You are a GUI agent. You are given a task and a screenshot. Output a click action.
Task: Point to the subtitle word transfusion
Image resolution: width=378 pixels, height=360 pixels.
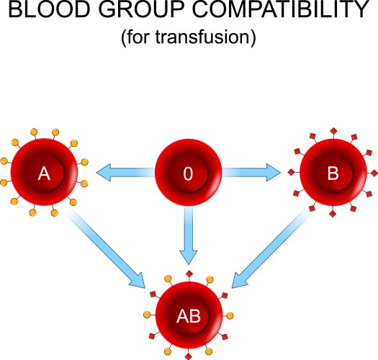click(208, 37)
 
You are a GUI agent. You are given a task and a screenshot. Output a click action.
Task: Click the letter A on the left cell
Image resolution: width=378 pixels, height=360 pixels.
click(45, 174)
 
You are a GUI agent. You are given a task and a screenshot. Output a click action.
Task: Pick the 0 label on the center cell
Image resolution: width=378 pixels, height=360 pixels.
click(188, 174)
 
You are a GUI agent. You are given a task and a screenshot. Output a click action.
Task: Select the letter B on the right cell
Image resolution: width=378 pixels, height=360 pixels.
click(332, 174)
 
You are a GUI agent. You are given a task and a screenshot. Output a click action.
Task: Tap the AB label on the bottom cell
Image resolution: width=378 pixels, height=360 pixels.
click(188, 315)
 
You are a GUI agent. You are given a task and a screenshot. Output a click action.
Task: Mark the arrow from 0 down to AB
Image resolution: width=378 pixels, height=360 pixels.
click(188, 238)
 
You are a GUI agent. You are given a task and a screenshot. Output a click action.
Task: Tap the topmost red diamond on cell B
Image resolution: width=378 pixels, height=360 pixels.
click(333, 130)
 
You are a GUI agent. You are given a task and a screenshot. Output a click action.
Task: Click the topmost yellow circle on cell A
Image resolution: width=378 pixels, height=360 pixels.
click(45, 130)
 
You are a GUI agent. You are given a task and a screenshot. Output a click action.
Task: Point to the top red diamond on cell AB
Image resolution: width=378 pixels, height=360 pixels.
click(189, 274)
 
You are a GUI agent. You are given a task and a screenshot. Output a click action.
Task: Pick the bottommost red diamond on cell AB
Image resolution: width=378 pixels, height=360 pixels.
click(189, 356)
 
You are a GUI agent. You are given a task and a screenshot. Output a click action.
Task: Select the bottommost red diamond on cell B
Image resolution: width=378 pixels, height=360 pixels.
click(333, 215)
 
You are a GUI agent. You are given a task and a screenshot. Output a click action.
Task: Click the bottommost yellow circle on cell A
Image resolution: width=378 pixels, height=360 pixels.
click(45, 215)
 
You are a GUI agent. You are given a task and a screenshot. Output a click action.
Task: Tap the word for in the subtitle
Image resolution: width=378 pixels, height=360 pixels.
click(135, 37)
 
